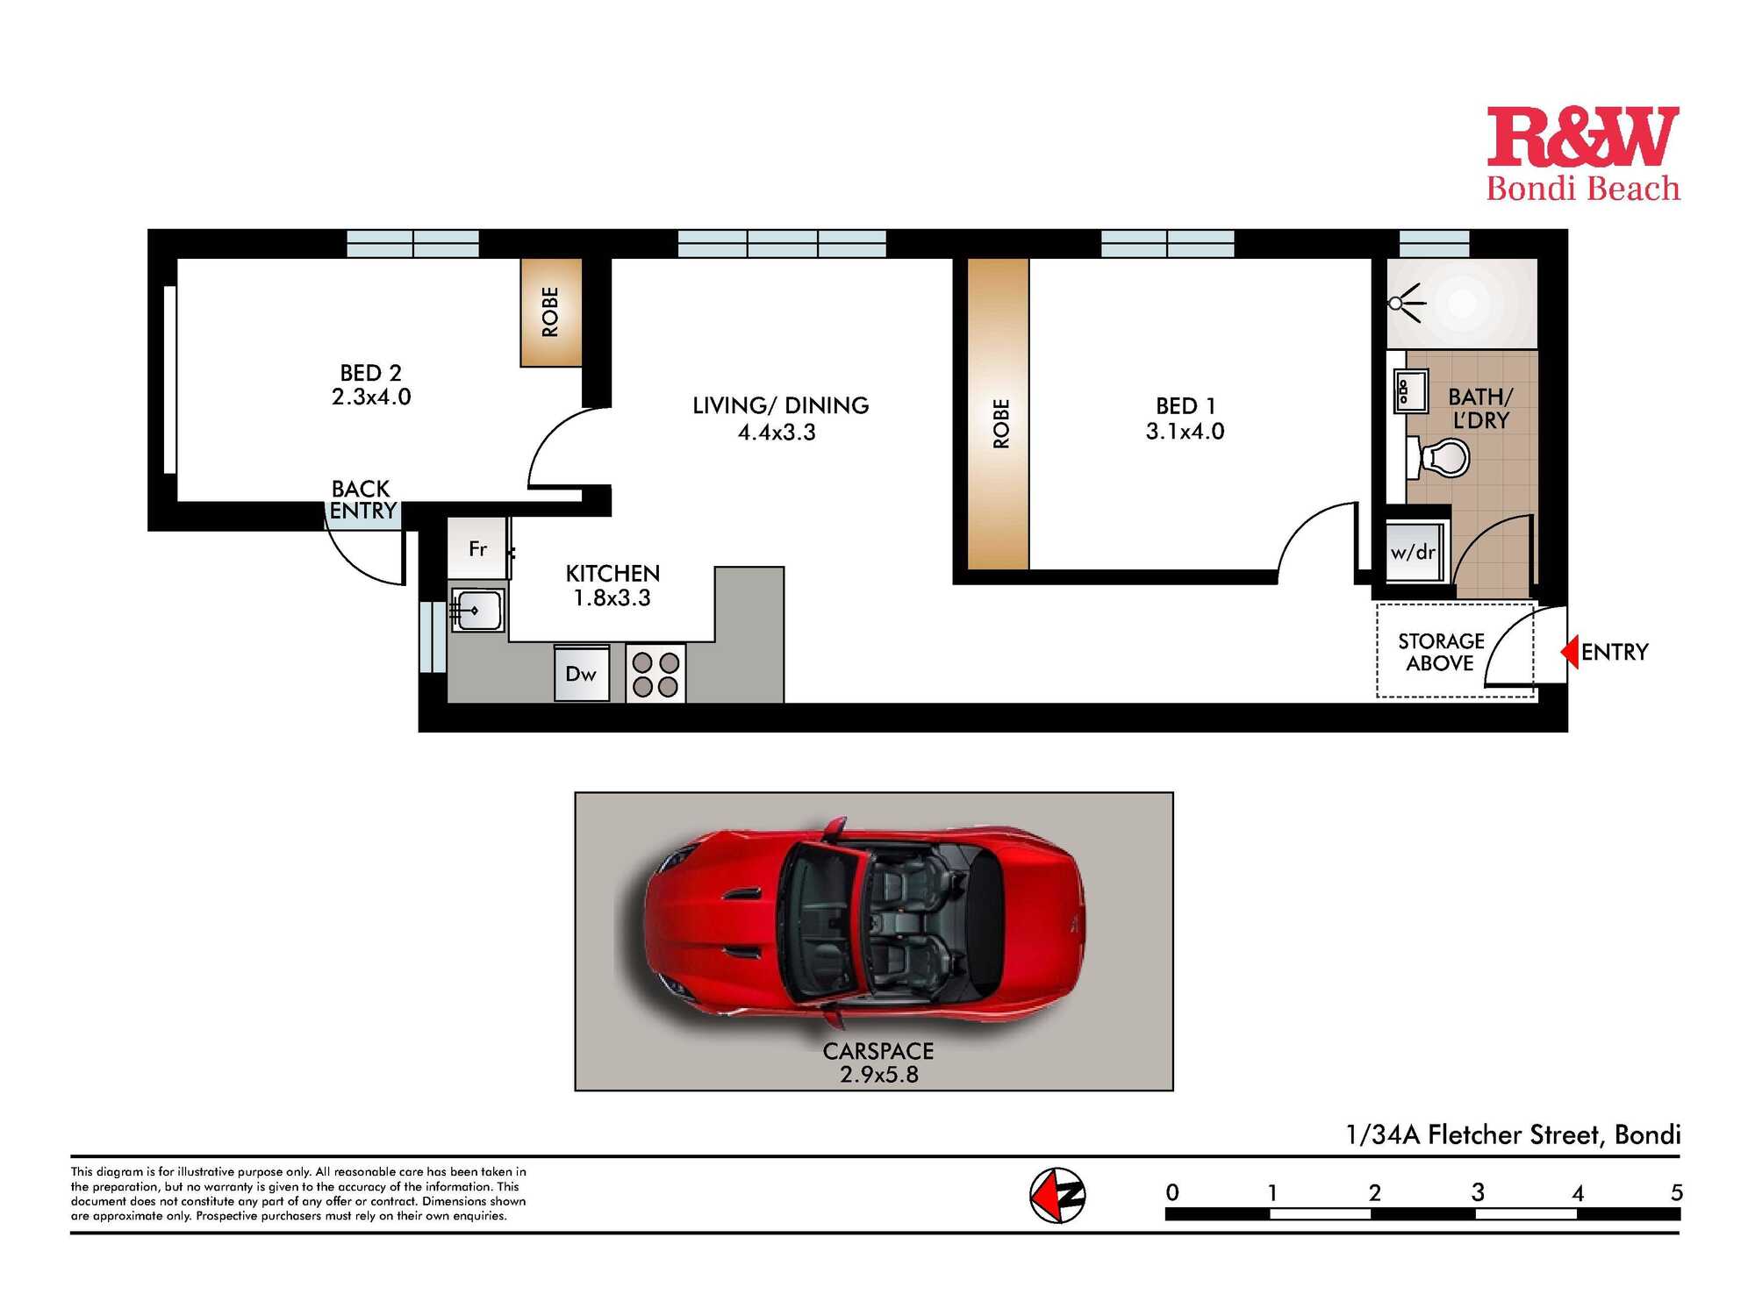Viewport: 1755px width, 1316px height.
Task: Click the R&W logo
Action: [1583, 154]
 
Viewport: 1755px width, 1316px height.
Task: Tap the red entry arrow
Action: [1570, 652]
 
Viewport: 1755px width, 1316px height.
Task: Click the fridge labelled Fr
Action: [477, 548]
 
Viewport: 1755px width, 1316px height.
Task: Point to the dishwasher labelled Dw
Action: [581, 674]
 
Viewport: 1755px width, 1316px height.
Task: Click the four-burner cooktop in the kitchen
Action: [655, 674]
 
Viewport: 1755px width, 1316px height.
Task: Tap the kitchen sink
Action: [476, 610]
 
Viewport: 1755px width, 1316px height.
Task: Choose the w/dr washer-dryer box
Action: [1414, 552]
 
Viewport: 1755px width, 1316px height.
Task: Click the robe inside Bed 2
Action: [551, 311]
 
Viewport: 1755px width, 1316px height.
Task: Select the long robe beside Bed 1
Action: [999, 414]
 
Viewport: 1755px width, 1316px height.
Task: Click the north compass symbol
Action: [1057, 1195]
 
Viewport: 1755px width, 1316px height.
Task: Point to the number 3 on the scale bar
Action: [1478, 1192]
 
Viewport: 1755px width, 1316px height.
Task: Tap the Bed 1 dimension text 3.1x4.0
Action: [1185, 431]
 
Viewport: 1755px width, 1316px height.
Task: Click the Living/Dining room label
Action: [780, 405]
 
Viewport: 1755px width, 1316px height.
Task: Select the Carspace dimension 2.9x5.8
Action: [879, 1075]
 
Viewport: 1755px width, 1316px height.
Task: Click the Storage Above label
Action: [1441, 652]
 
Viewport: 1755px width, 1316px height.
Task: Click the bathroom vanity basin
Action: [1411, 391]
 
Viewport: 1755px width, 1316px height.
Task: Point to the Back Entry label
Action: [362, 499]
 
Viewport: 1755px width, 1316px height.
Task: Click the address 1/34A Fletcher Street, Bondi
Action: [1514, 1134]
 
